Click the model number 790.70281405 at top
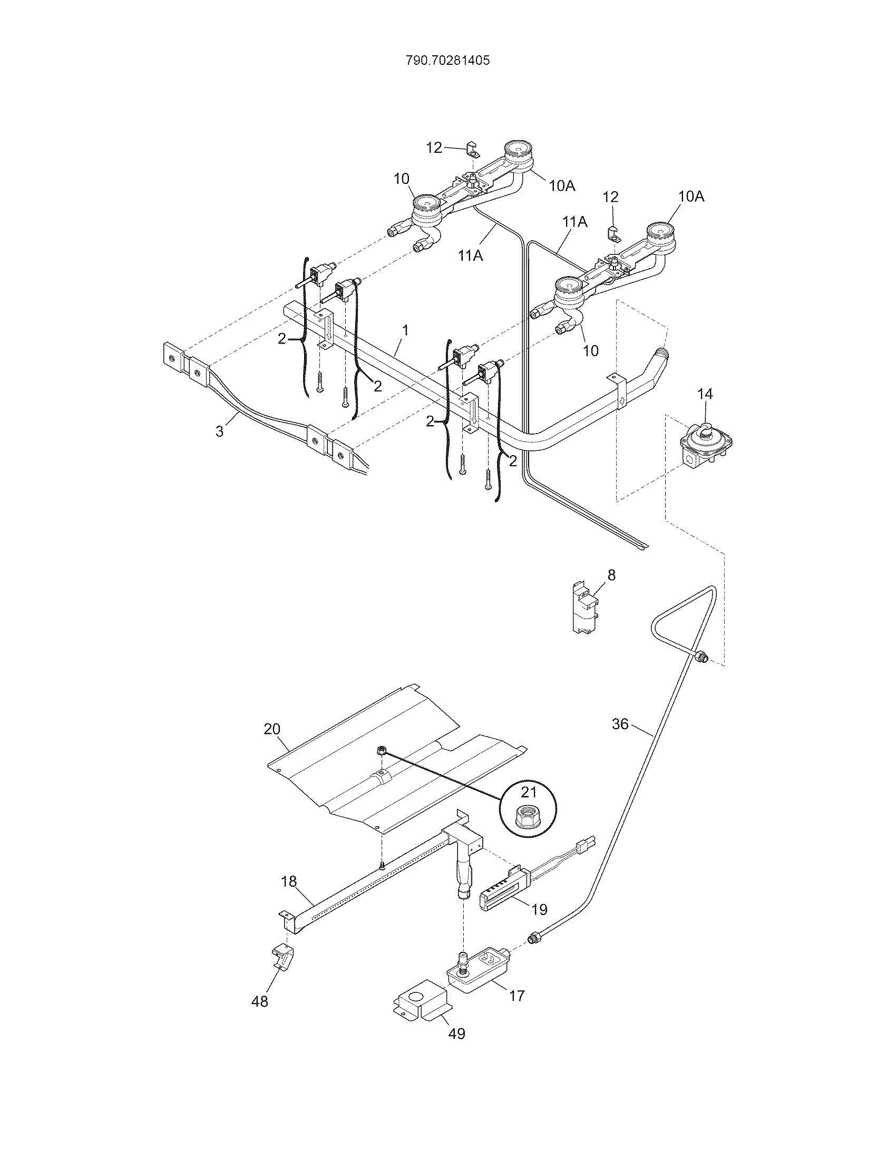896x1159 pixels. (447, 61)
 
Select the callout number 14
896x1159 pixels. (705, 394)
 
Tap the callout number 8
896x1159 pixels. (611, 575)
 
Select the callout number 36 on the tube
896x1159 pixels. (620, 724)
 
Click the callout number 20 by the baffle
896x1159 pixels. (272, 729)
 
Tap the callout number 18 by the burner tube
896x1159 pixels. (289, 882)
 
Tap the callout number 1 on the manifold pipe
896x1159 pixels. (405, 330)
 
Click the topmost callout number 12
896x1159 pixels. (434, 148)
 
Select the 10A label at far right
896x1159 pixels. (691, 197)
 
